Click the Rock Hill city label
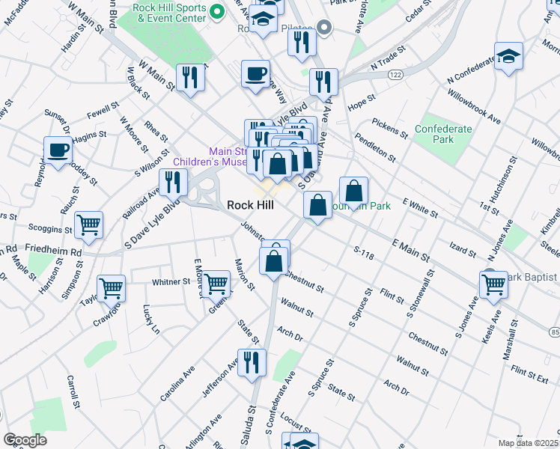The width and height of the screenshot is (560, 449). (x=250, y=205)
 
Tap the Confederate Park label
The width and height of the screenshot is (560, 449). (x=444, y=134)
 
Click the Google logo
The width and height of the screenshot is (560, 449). (x=25, y=440)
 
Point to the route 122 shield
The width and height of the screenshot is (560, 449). (x=396, y=76)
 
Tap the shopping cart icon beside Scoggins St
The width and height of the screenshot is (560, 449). (x=89, y=224)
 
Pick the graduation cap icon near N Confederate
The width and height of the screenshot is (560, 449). (x=508, y=56)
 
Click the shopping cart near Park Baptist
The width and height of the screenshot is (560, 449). (x=494, y=284)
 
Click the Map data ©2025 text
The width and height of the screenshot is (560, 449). (x=528, y=443)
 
